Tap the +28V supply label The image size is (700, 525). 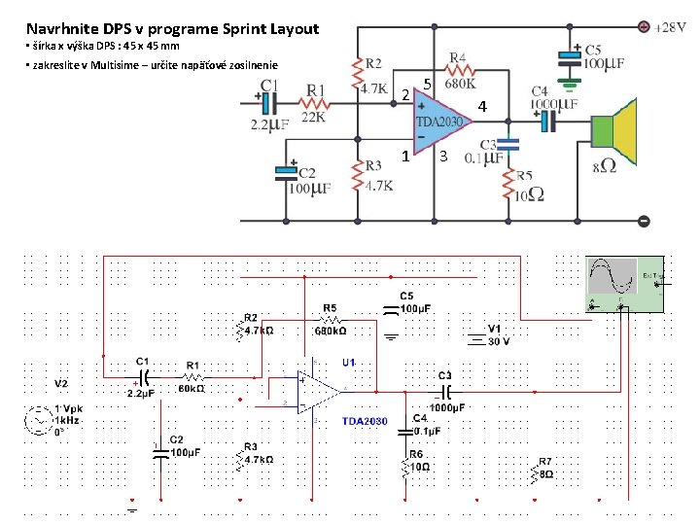[675, 27]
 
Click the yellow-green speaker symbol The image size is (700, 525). [616, 138]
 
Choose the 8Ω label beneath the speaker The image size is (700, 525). [604, 167]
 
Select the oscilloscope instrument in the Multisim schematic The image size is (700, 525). [623, 285]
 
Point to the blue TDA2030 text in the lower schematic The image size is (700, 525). [365, 421]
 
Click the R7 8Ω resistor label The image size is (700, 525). [545, 468]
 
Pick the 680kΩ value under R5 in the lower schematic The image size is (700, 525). [330, 331]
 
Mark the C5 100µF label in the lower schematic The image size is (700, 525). [415, 302]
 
